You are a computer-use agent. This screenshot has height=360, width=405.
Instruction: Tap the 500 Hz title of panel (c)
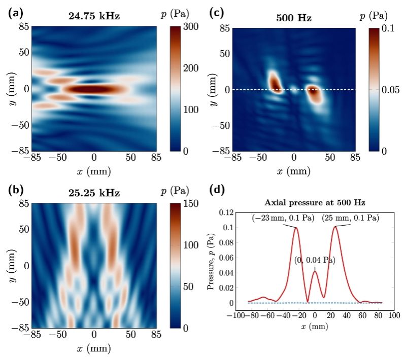point(294,18)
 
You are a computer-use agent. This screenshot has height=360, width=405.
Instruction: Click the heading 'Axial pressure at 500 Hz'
point(315,202)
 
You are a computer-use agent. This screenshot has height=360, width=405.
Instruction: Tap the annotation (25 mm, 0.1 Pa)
point(350,218)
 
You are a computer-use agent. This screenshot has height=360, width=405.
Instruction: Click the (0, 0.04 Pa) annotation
point(315,260)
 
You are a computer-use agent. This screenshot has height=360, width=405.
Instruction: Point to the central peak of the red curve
point(315,272)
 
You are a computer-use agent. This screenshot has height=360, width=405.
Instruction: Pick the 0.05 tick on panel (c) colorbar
point(389,89)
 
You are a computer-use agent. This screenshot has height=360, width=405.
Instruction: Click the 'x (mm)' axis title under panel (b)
point(94,349)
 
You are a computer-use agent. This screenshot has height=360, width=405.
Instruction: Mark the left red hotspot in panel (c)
point(275,83)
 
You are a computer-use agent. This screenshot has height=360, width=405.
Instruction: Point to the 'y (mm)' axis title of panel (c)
point(213,89)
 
